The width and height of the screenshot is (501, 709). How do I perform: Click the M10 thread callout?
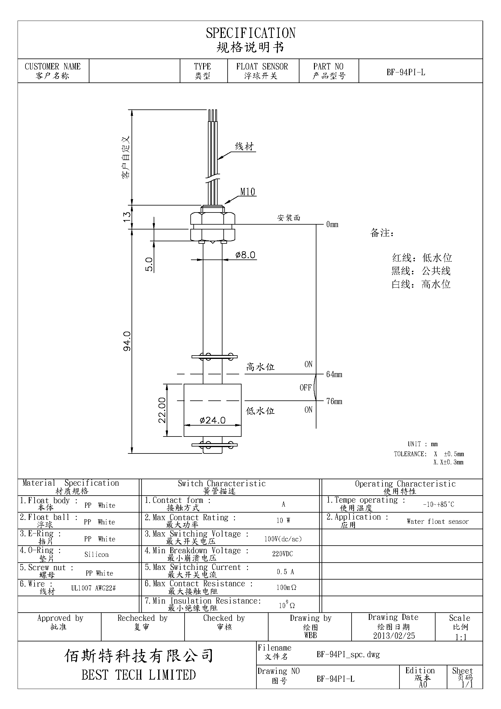point(248,192)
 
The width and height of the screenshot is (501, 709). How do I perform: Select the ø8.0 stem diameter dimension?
point(245,255)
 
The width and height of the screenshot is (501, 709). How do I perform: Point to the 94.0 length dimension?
point(127,341)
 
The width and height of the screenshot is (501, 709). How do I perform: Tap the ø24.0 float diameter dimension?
point(212,420)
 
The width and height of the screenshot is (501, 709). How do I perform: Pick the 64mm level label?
point(334,375)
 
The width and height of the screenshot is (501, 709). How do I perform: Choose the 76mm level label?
point(334,401)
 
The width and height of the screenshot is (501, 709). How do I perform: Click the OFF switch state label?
point(305,388)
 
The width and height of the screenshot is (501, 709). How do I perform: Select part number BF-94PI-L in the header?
point(406,72)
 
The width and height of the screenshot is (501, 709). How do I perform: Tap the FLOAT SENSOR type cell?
point(262,67)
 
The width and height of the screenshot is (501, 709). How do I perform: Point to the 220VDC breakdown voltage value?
point(282,554)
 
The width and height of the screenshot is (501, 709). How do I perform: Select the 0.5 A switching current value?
point(285,572)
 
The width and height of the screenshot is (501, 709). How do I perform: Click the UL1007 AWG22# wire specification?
point(93,588)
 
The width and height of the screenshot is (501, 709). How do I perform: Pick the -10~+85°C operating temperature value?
point(438,505)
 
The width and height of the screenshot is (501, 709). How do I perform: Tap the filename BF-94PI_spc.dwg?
point(348,654)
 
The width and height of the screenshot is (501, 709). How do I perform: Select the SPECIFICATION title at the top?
point(250,33)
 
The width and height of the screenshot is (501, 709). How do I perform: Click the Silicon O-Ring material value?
point(96,555)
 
